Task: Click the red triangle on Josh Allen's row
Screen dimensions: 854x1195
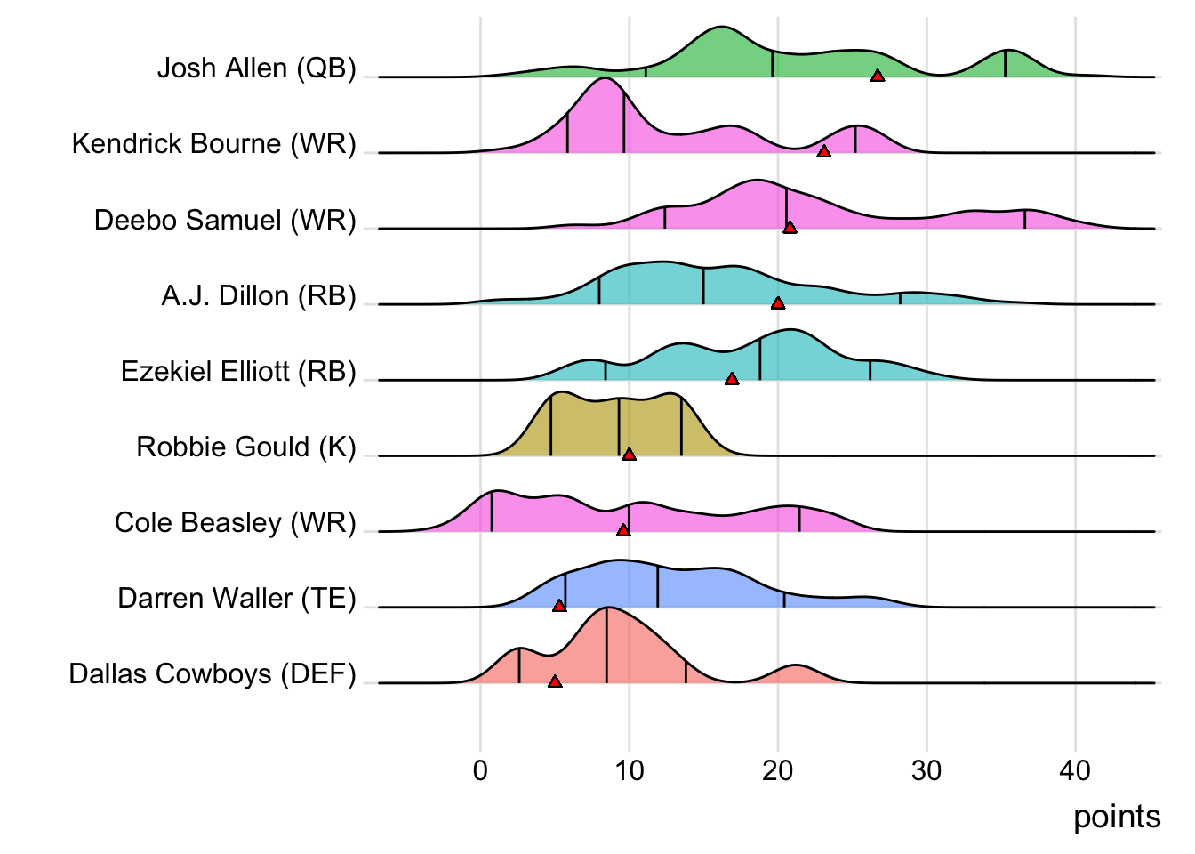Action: click(878, 77)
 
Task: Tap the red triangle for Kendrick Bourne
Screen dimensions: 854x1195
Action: click(824, 152)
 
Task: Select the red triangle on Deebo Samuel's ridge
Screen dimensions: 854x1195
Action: click(790, 228)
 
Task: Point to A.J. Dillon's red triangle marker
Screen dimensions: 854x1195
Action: click(778, 303)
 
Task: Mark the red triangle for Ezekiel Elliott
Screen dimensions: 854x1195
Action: click(732, 379)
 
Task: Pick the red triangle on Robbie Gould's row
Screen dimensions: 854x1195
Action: click(630, 455)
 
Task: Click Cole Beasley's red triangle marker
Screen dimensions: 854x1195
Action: click(623, 530)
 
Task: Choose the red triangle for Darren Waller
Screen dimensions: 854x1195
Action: click(559, 606)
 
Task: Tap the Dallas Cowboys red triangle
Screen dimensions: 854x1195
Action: click(555, 681)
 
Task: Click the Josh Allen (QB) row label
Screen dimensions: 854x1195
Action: click(256, 68)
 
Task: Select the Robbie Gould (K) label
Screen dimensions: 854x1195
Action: click(245, 447)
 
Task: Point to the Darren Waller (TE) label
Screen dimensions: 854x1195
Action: click(237, 598)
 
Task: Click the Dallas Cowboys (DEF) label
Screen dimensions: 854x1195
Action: click(213, 673)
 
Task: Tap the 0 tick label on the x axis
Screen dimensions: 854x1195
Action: click(481, 770)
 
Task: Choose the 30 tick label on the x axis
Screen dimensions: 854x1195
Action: click(926, 770)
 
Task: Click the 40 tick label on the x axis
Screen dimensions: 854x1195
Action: click(1075, 770)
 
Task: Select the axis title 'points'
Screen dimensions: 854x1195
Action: click(1117, 817)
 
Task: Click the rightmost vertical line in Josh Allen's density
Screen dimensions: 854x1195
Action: click(1006, 64)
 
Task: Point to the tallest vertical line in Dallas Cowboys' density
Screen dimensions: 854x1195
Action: click(606, 645)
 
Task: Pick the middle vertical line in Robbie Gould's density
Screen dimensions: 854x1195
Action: click(619, 428)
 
